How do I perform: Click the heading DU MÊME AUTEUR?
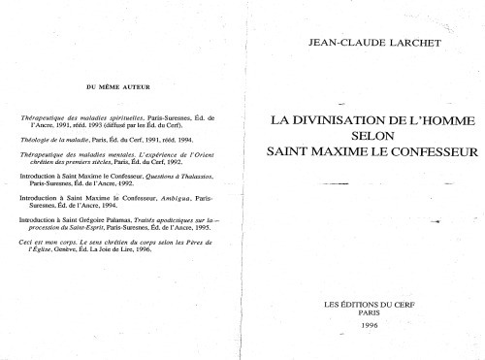point(117,87)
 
